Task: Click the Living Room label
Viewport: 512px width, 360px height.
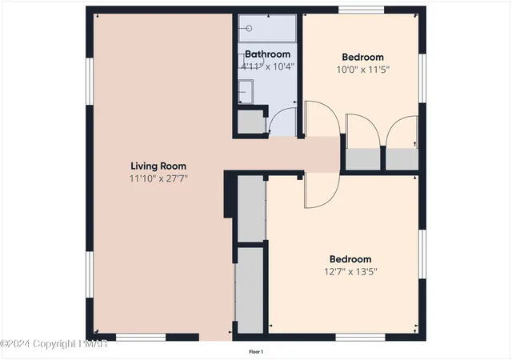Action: (x=158, y=166)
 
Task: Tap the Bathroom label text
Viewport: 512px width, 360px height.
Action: (x=267, y=54)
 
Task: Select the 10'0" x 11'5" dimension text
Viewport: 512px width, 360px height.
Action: (x=362, y=70)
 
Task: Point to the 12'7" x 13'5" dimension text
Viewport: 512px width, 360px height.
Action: (x=350, y=271)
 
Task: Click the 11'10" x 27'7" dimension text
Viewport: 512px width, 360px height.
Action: (x=158, y=178)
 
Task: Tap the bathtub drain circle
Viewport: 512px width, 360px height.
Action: (x=249, y=29)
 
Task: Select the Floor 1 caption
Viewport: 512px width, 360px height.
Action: (x=256, y=352)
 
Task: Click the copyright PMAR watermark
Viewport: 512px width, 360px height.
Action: (x=54, y=344)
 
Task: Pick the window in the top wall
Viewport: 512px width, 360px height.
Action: (x=361, y=10)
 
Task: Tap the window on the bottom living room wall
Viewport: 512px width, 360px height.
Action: (x=141, y=337)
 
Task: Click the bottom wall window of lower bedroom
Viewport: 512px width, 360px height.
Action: (x=361, y=337)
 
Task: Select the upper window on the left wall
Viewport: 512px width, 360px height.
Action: (x=90, y=82)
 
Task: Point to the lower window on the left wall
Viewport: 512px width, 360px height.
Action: (x=90, y=274)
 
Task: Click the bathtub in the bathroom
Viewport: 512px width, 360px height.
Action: (x=267, y=29)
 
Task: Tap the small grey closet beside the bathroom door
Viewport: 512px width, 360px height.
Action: (x=250, y=122)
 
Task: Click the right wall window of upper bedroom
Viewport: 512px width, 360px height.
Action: (x=422, y=78)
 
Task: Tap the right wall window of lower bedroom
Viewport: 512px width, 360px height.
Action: (x=422, y=254)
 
